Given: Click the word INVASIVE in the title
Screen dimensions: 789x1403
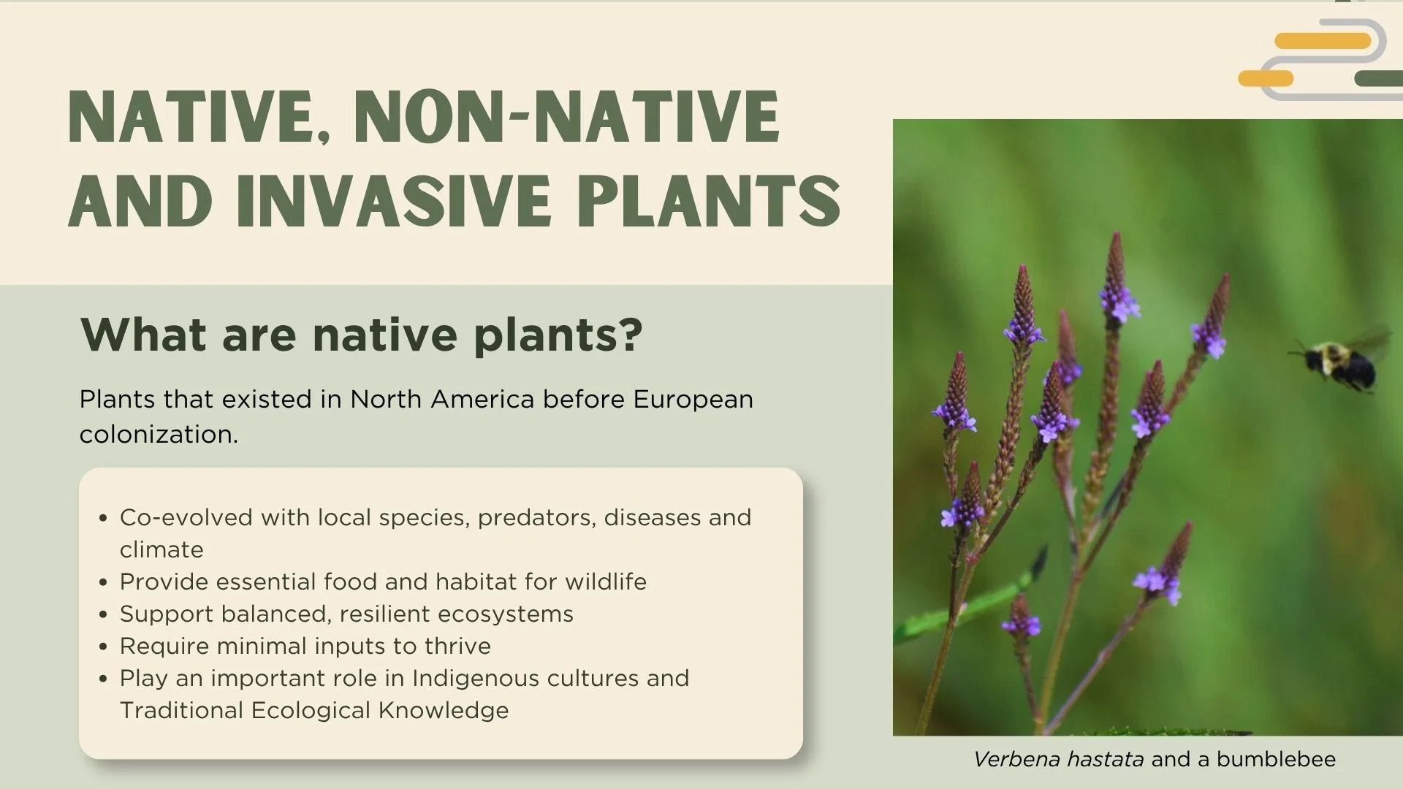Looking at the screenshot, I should tap(395, 201).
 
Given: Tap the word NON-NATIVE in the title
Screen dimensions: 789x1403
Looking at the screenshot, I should tap(567, 117).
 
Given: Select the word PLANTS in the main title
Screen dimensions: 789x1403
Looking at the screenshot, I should tap(709, 201).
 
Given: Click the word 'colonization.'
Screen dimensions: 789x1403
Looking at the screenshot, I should tap(159, 435).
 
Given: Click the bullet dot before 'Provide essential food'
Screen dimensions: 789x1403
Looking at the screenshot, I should tap(103, 583).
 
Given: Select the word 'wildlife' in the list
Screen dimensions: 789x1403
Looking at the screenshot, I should tap(605, 582).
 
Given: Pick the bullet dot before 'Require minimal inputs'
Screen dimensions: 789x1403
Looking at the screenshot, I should tap(103, 647).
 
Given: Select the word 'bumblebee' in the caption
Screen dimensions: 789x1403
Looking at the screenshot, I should tap(1276, 760).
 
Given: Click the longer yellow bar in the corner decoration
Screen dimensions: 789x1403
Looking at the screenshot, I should tap(1322, 41).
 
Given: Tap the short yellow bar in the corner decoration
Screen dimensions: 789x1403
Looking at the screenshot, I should tap(1266, 78).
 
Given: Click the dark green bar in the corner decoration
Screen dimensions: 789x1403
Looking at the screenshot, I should tap(1378, 78).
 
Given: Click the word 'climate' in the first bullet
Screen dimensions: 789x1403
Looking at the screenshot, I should tap(161, 550).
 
